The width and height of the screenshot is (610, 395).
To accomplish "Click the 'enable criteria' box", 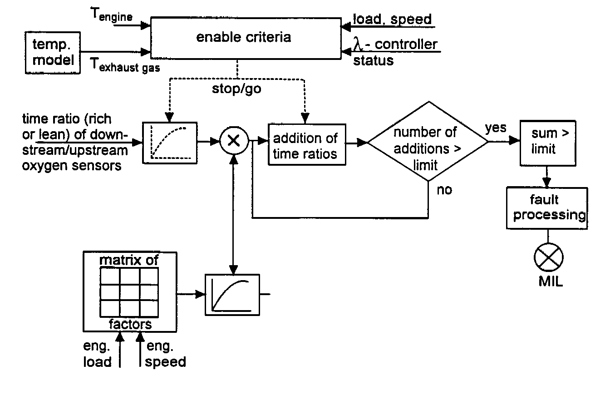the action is (246, 38).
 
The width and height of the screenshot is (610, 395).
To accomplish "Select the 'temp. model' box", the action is (53, 53).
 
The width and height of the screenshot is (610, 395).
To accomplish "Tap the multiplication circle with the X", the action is (234, 141).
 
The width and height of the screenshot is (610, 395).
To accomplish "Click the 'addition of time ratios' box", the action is (307, 145).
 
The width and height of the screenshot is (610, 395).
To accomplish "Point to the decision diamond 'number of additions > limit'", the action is (428, 141).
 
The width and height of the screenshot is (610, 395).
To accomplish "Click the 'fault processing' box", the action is (547, 208).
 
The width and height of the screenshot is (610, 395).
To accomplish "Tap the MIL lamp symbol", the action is (548, 257).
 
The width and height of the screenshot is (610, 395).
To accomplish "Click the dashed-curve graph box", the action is (170, 143).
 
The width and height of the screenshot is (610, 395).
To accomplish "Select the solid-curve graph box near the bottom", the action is (232, 295).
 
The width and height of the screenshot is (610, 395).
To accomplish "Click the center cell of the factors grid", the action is (130, 292).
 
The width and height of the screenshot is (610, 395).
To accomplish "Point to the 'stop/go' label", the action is (236, 89).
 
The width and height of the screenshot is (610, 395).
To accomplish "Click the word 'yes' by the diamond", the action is (496, 128).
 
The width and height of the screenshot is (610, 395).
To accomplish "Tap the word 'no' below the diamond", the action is (444, 190).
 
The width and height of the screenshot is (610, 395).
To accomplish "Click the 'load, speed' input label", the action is (392, 20).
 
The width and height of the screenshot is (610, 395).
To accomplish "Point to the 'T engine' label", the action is (111, 15).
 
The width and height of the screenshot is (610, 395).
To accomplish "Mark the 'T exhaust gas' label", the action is (125, 65).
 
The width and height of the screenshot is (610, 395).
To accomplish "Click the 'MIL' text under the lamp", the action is (551, 281).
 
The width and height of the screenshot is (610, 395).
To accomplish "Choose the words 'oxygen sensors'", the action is (72, 166).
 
